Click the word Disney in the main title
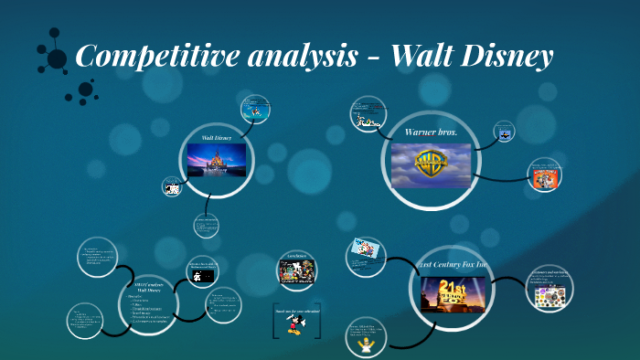pos(507,57)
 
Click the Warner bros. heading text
pos(431,132)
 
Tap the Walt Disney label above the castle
pos(216,138)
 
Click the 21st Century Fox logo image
pos(451,292)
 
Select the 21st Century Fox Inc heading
pos(451,265)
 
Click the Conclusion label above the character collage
pos(295,256)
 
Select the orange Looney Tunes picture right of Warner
pos(546,175)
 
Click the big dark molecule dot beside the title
pos(57,59)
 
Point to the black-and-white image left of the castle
pos(171,188)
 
